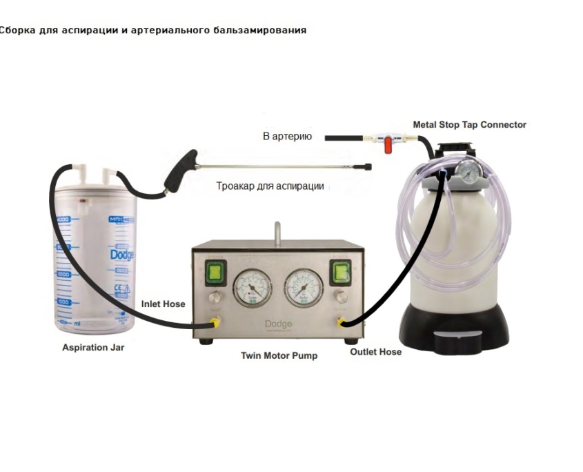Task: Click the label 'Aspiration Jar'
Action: coord(93,348)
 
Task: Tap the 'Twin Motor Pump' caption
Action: coord(279,356)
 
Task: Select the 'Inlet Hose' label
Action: coord(163,304)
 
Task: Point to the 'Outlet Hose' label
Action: coord(375,352)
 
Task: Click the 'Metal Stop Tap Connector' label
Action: coord(469,125)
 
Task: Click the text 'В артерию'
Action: coord(287,137)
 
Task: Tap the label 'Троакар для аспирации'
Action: coord(270,186)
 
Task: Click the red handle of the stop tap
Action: coord(388,146)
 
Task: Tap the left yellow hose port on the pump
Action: coord(215,322)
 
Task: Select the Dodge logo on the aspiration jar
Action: coord(121,255)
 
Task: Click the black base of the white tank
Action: coord(456,328)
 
